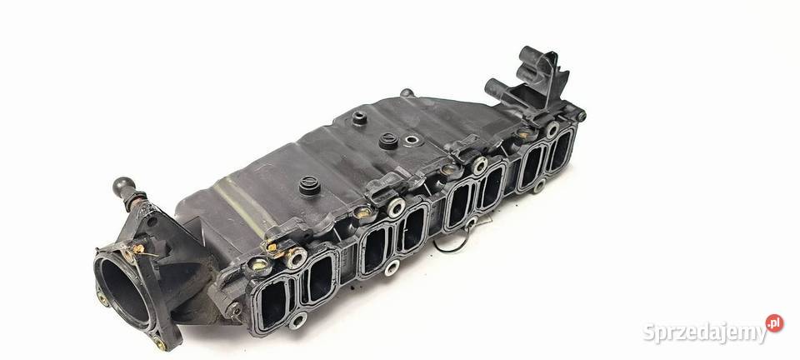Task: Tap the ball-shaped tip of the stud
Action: click(x=123, y=185)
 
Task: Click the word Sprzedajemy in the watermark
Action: click(x=705, y=332)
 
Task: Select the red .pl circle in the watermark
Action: click(x=774, y=322)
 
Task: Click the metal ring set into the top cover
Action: click(x=411, y=139)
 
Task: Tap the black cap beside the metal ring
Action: click(x=389, y=141)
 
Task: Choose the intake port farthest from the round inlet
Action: click(x=561, y=151)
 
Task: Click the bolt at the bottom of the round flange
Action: click(x=160, y=343)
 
